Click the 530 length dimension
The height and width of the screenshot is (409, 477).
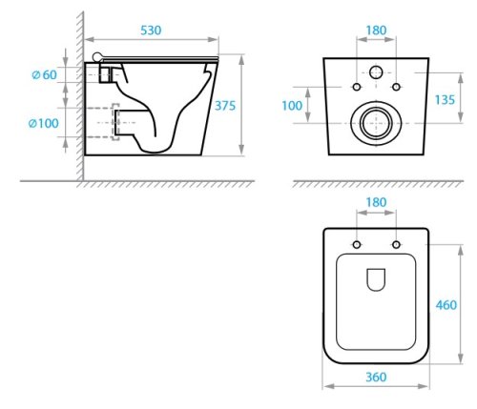[x=151, y=31]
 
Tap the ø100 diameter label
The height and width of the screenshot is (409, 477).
[x=42, y=123]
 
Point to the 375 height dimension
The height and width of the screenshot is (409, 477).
[x=252, y=107]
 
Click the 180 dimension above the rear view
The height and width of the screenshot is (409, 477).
[x=377, y=30]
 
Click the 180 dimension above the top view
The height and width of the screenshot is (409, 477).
[x=377, y=203]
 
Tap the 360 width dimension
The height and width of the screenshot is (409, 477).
[x=375, y=377]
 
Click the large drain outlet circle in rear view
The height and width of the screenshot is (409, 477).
[x=376, y=123]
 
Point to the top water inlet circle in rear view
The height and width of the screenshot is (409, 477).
[x=376, y=72]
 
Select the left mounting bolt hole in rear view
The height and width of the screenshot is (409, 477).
[x=357, y=88]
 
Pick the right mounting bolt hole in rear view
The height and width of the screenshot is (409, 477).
[x=395, y=88]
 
